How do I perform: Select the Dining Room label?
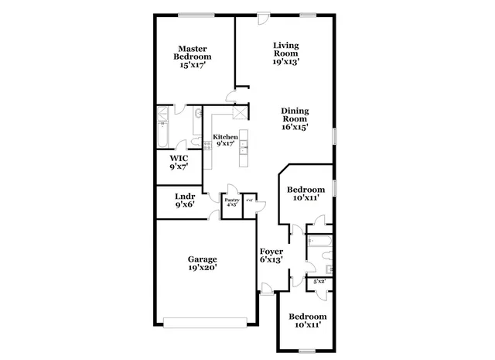click(x=295, y=119)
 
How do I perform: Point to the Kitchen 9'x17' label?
click(x=225, y=140)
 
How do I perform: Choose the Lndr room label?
click(x=184, y=201)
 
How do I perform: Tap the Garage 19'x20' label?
click(x=203, y=263)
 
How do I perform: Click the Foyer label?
click(x=270, y=255)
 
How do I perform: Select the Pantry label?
click(x=232, y=203)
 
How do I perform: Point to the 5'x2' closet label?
click(x=319, y=283)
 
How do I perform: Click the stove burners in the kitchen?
click(x=207, y=148)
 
